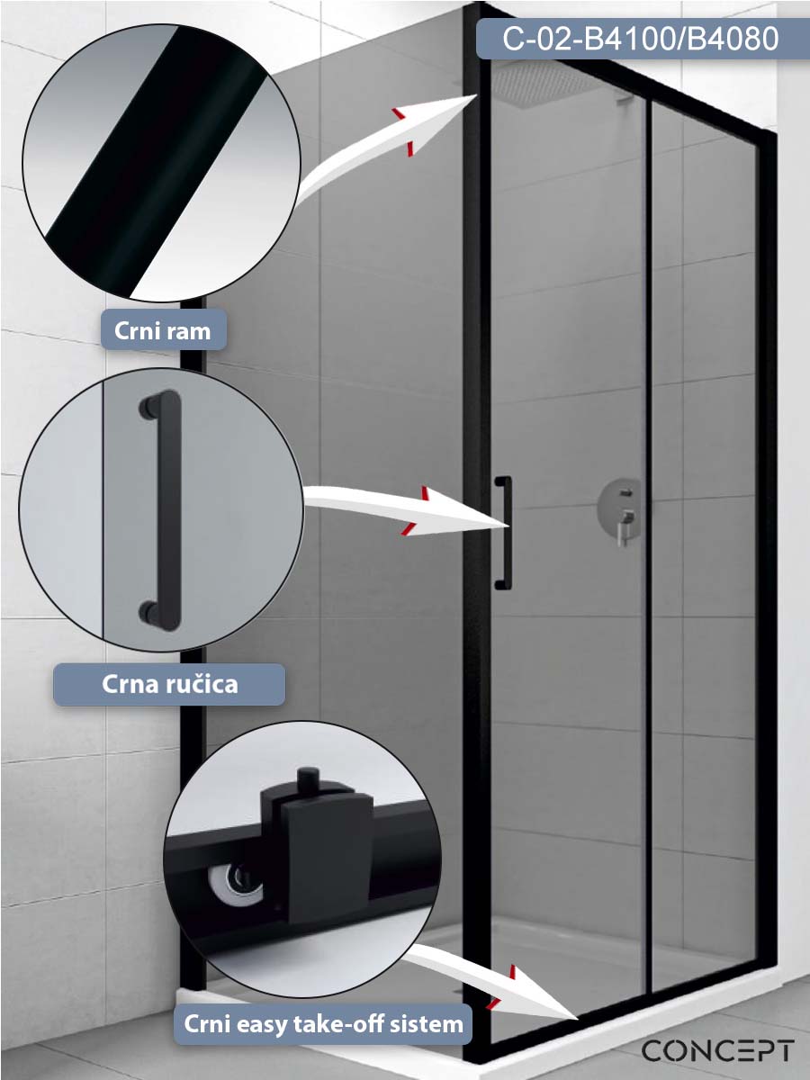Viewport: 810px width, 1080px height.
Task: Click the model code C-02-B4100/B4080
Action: (640, 39)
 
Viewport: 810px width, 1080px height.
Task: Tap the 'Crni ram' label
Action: (163, 330)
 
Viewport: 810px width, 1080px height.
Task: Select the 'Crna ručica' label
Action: (170, 684)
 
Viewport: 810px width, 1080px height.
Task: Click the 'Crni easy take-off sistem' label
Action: (323, 1024)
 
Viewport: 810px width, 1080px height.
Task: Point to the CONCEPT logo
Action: (717, 1051)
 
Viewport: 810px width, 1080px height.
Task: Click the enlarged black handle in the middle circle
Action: (161, 510)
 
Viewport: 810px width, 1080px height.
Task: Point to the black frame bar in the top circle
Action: (157, 162)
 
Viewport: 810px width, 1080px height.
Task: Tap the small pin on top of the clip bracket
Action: (309, 780)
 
